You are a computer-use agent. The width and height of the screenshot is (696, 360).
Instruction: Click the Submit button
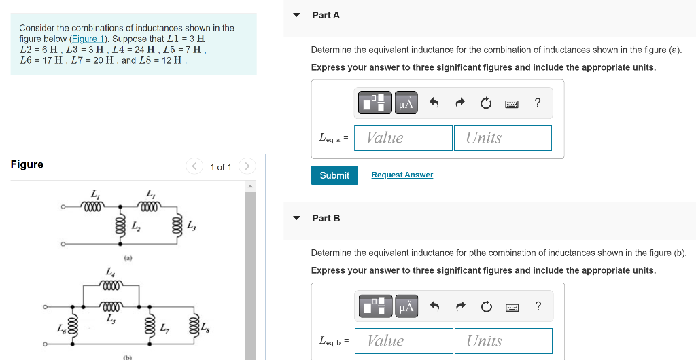tap(334, 175)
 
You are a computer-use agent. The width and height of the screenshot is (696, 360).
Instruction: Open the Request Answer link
tap(402, 175)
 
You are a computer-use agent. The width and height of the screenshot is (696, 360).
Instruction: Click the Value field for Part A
tap(403, 138)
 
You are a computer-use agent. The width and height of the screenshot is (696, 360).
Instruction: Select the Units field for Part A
tap(503, 138)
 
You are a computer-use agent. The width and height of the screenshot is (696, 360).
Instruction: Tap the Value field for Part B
tap(404, 341)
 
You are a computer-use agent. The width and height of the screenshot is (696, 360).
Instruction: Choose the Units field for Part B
tap(504, 341)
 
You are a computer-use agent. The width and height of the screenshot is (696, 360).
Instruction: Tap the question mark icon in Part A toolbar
tap(538, 103)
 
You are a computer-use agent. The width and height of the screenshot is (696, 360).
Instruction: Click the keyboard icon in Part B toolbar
tap(512, 307)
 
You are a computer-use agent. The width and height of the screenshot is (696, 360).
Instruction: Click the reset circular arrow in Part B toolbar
tap(487, 306)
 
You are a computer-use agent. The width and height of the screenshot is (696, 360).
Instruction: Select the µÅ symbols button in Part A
tap(406, 103)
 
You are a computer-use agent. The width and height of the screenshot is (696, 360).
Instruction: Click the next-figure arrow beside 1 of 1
tap(247, 166)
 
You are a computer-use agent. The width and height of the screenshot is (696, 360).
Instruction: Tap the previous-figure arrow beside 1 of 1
tap(194, 166)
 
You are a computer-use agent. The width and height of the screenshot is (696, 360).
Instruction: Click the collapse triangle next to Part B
tap(297, 218)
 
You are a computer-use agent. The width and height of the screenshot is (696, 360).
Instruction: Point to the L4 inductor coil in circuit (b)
tap(112, 285)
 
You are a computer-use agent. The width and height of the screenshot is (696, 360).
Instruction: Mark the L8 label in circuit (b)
tap(205, 328)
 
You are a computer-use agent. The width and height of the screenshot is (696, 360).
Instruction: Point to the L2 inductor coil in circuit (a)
tap(120, 225)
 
